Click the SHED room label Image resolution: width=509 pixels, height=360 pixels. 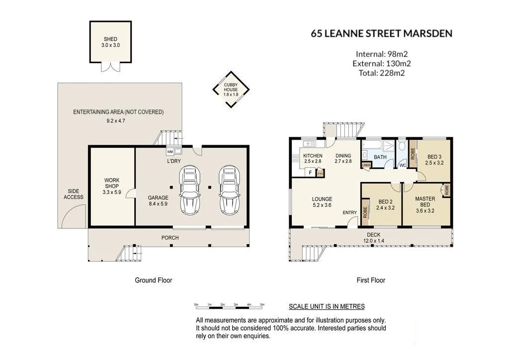[110, 39]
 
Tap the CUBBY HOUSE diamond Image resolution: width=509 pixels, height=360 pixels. [231, 90]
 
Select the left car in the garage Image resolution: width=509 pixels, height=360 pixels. [190, 190]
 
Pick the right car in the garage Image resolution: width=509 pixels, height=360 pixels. [230, 190]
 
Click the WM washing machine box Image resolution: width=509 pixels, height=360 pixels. [170, 151]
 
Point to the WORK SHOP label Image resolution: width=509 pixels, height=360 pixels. [112, 183]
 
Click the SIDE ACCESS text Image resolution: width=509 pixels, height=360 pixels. [74, 194]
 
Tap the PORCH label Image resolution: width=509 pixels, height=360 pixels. [170, 238]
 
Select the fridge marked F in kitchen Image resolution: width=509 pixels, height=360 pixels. [310, 173]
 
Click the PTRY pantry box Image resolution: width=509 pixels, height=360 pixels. [320, 173]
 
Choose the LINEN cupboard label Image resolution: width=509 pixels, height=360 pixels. [366, 165]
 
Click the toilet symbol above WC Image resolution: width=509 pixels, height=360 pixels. [402, 146]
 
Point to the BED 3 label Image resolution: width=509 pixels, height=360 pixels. [434, 157]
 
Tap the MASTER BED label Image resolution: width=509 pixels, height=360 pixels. [425, 201]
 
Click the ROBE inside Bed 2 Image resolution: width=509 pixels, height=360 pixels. [365, 212]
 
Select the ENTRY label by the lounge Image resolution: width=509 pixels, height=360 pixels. [349, 213]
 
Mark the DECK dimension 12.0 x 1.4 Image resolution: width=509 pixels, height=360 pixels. [374, 241]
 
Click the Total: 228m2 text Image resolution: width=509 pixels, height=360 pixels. [382, 73]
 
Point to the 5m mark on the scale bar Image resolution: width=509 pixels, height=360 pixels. [262, 304]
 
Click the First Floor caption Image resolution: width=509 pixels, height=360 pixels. [371, 280]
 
